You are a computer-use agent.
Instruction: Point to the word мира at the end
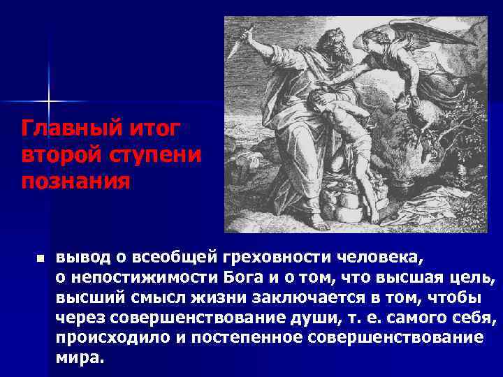78,358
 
